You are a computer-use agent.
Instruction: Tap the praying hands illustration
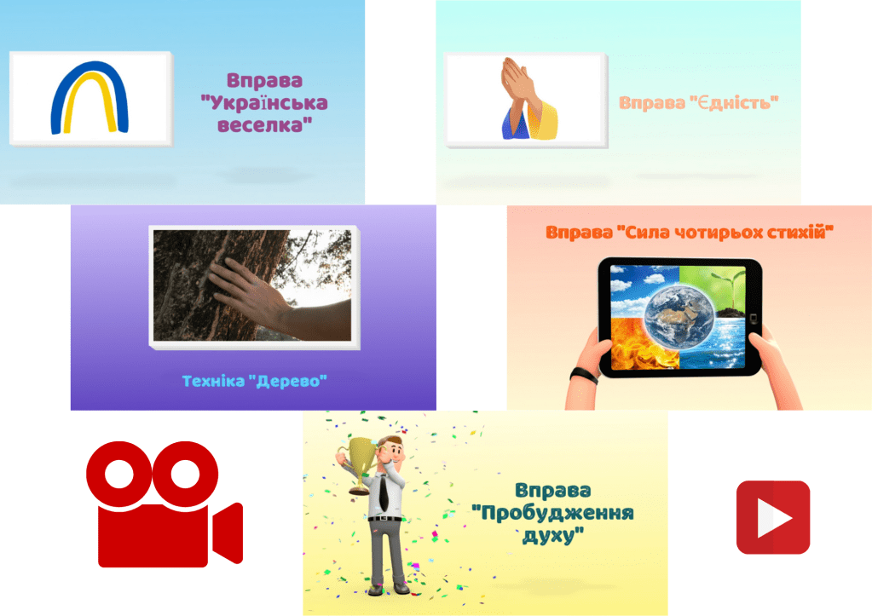coord(527,98)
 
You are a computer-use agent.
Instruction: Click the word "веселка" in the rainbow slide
coord(264,125)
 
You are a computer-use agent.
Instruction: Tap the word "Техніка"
coord(213,382)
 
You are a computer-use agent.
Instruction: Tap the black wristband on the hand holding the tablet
coord(584,375)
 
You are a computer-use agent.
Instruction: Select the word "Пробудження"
coord(552,513)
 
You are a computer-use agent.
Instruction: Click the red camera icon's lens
coord(228,533)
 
